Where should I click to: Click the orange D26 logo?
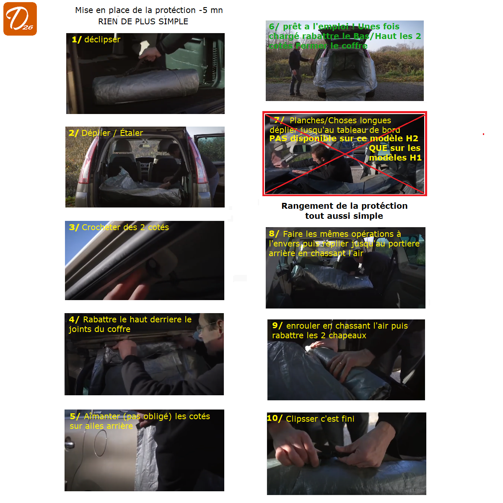click(x=20, y=19)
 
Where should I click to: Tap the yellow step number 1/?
click(x=77, y=39)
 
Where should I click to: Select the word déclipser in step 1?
click(x=102, y=39)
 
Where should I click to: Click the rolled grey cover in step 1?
click(x=146, y=86)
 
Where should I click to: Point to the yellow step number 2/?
click(x=74, y=133)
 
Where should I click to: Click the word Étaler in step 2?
click(x=131, y=133)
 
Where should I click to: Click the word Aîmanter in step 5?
click(x=102, y=416)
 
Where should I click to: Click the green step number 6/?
click(x=274, y=26)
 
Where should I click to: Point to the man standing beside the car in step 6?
click(x=297, y=71)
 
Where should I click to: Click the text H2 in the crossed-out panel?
click(x=412, y=138)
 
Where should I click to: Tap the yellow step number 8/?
click(x=274, y=233)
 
